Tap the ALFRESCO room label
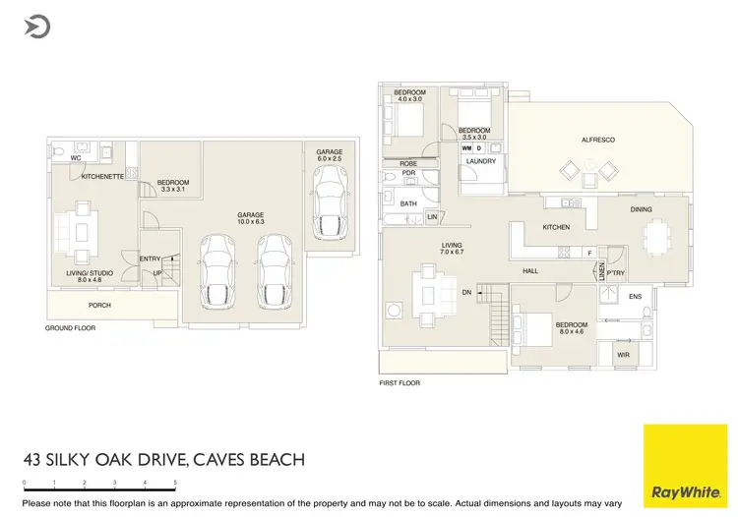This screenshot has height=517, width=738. coord(597,141)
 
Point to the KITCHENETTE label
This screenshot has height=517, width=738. coord(102,177)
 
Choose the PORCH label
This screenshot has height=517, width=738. coord(99,306)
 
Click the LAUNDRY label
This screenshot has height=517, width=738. coord(481,161)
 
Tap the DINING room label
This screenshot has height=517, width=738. coord(642,209)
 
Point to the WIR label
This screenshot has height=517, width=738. coord(623,355)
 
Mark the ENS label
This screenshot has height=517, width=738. coord(635,296)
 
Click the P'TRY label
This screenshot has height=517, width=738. coord(616,273)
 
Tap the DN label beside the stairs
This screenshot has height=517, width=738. coord(466,292)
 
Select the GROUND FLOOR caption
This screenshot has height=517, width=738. coord(71,328)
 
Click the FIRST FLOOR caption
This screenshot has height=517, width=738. coord(400,383)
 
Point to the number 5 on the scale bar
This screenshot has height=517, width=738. coord(175,483)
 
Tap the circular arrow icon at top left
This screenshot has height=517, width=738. coord(38,27)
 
